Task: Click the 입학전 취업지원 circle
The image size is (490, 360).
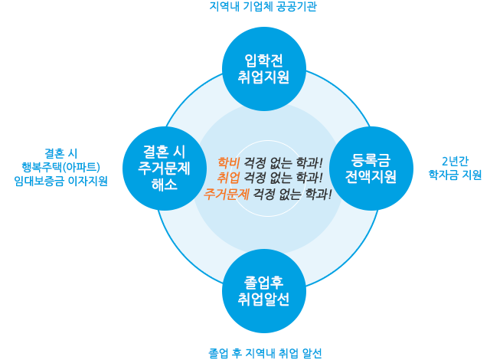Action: (264, 69)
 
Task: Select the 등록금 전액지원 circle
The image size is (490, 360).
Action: (371, 169)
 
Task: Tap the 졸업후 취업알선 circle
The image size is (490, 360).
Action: (264, 291)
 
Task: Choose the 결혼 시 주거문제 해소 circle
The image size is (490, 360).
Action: (165, 169)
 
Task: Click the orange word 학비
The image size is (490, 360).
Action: (228, 162)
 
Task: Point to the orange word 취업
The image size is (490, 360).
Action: (228, 178)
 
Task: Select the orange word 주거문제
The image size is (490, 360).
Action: (227, 194)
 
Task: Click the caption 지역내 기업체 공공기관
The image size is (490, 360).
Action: (263, 7)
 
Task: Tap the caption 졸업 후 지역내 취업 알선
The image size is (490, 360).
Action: (265, 353)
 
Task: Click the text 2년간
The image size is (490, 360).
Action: (455, 162)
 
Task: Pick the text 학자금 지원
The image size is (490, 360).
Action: (455, 175)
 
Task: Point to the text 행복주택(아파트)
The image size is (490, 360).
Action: (61, 167)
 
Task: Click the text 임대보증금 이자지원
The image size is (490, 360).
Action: (61, 181)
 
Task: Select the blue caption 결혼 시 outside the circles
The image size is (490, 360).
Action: (61, 153)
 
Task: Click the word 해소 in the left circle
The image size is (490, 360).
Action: (165, 185)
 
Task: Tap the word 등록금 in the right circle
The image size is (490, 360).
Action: (371, 160)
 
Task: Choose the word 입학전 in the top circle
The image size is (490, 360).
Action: (263, 61)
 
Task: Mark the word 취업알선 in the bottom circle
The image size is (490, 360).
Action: (263, 299)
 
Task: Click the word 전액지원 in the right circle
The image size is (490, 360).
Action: (371, 177)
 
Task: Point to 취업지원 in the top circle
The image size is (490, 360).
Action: (263, 77)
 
